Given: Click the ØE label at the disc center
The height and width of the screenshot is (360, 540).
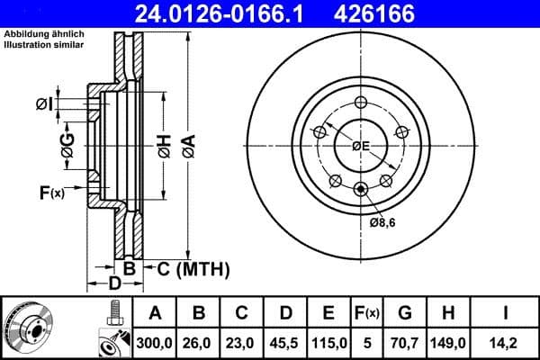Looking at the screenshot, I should (x=361, y=146).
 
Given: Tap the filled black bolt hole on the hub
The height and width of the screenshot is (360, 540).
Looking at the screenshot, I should (x=361, y=188).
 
